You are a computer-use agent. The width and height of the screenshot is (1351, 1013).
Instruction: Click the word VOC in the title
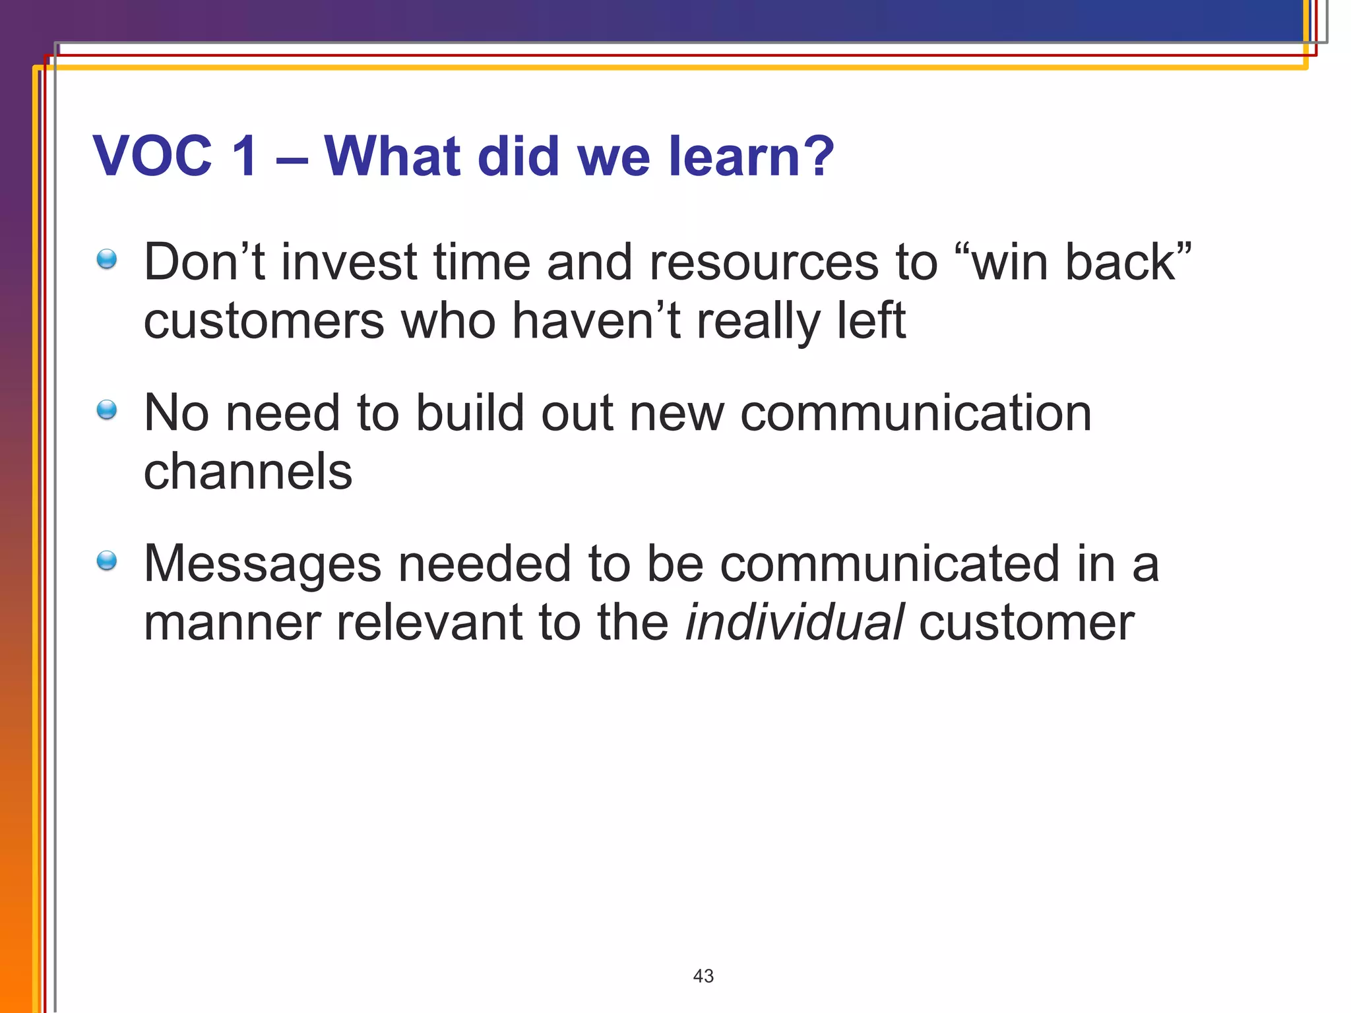tap(152, 156)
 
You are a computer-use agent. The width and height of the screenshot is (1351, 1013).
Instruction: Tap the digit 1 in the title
tap(245, 156)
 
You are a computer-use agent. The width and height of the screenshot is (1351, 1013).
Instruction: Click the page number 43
tap(703, 976)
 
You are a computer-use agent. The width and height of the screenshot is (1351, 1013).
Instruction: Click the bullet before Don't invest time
tap(106, 259)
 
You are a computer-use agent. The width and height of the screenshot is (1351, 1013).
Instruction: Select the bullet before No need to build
tap(106, 410)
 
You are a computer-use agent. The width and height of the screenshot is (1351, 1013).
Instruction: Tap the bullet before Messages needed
tap(106, 561)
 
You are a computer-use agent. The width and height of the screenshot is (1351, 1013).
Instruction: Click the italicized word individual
tap(794, 622)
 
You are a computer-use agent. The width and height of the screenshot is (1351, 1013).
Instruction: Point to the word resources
tap(764, 262)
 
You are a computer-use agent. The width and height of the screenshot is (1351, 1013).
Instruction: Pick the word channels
tap(248, 472)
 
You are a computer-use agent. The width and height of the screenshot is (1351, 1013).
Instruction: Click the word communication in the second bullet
tap(916, 414)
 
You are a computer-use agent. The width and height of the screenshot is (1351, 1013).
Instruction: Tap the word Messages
tap(263, 565)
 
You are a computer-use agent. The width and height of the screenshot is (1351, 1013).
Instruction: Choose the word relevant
tap(429, 623)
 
